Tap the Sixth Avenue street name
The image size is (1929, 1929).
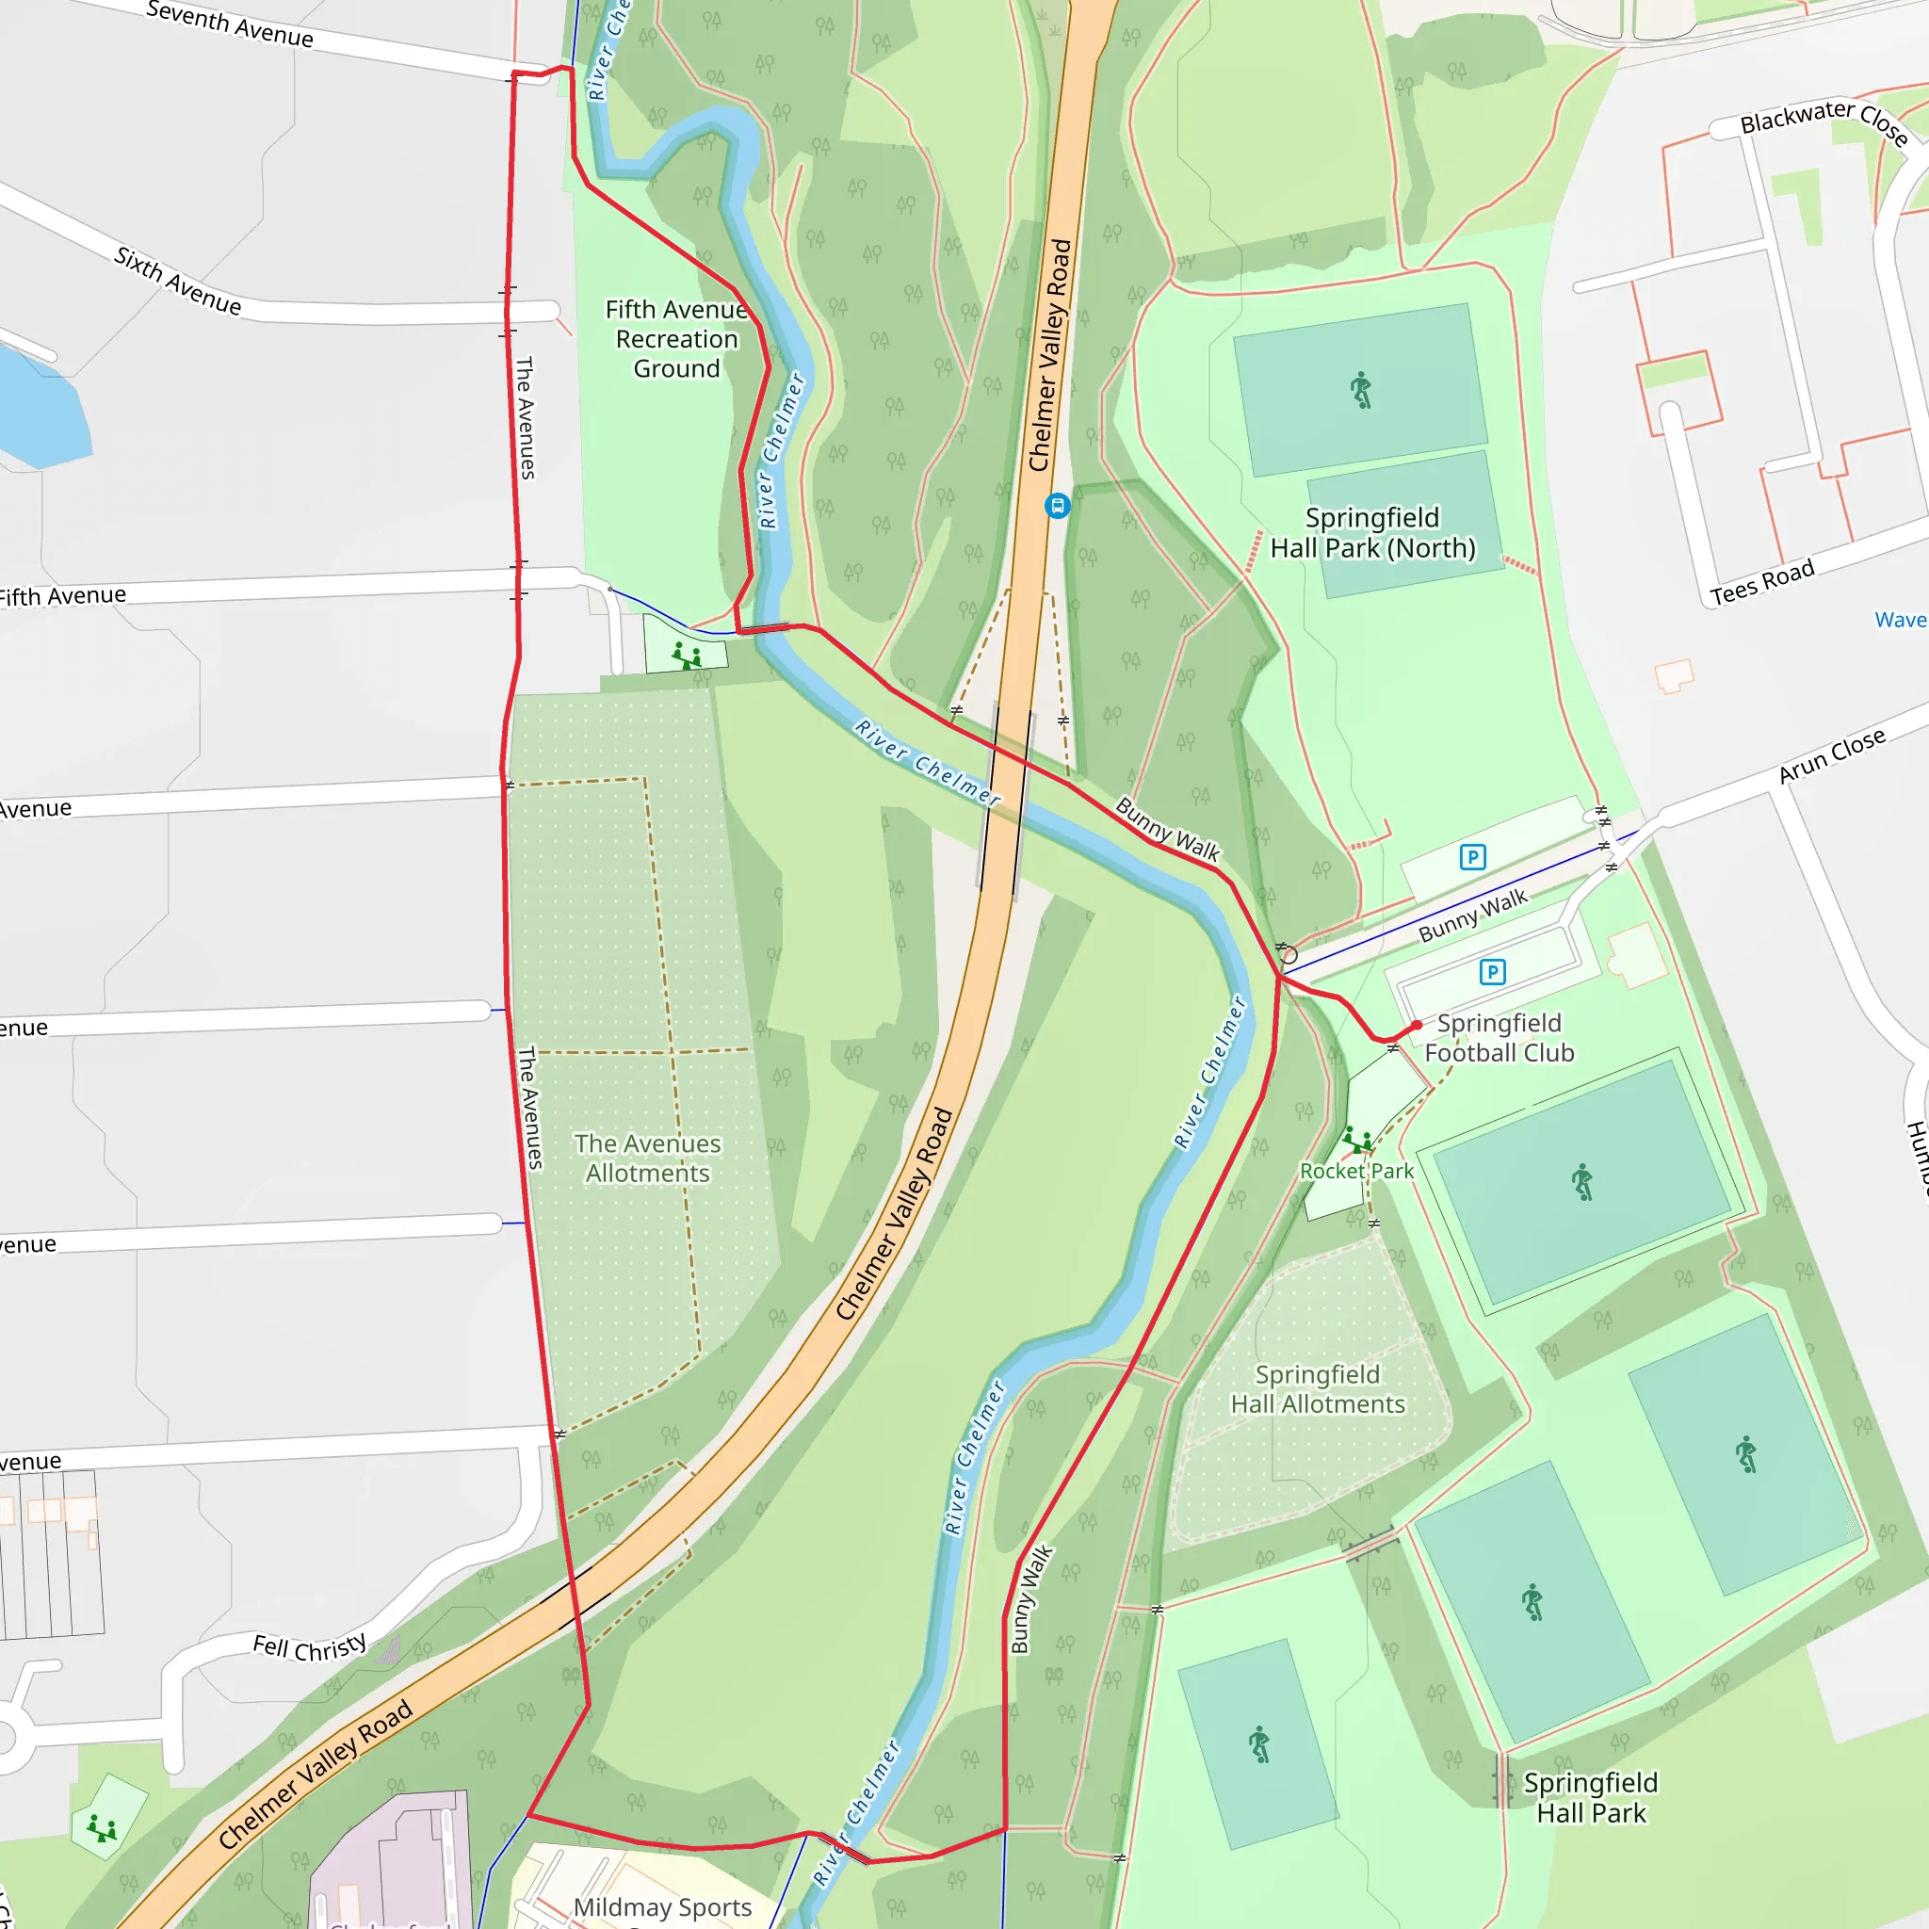click(178, 282)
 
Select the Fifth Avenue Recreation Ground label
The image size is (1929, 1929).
click(676, 339)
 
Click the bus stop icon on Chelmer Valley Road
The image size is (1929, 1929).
click(1058, 505)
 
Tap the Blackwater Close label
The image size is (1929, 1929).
click(1824, 121)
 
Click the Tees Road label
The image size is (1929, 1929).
click(1761, 583)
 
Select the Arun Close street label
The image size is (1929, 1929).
click(1831, 755)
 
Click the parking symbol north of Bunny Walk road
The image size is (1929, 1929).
click(1473, 857)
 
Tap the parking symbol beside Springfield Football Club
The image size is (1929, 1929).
click(1492, 971)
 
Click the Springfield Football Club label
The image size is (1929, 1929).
click(1499, 1037)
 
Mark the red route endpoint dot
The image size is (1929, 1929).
click(1417, 1026)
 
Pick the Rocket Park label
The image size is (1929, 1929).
click(1356, 1171)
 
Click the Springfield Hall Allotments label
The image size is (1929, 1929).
click(1317, 1389)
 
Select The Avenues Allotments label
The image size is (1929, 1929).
click(647, 1159)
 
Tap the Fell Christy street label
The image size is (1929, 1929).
click(310, 1647)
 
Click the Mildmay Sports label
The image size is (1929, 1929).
click(662, 1907)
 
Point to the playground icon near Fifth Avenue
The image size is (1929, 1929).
click(686, 656)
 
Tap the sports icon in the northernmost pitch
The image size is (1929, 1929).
click(1361, 389)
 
